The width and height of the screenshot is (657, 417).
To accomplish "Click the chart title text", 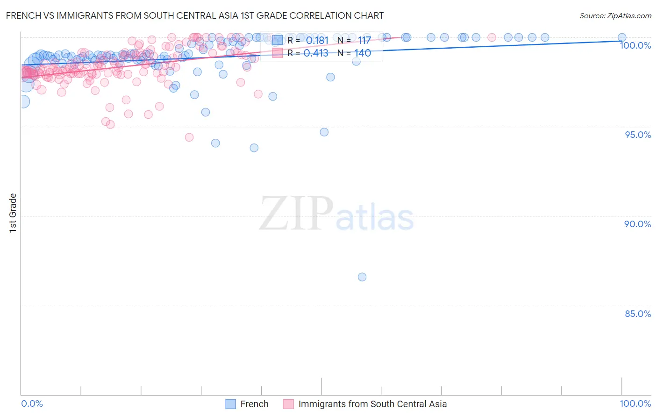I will (x=195, y=15).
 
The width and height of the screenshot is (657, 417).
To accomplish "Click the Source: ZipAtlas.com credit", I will (x=615, y=15).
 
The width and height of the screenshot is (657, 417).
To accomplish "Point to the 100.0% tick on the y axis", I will (x=635, y=45).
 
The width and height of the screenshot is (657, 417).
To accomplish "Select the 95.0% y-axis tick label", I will (x=638, y=135).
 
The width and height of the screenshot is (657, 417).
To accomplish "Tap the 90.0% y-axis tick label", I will (x=638, y=224).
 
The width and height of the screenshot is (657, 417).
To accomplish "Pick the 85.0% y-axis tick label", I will (x=638, y=314).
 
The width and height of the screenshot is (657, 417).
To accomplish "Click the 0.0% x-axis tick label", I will (x=32, y=403).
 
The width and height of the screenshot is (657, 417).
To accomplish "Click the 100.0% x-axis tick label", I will (x=635, y=403).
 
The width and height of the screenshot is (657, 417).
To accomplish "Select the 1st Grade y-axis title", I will (x=13, y=213).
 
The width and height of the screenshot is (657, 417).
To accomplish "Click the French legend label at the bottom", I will (x=254, y=404).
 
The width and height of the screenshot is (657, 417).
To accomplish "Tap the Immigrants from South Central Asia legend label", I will (x=372, y=404).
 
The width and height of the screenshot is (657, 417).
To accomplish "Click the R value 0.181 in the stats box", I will (x=317, y=41).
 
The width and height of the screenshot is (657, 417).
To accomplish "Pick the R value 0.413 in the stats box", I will (x=316, y=53).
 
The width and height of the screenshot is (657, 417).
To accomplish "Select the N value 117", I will (x=364, y=41).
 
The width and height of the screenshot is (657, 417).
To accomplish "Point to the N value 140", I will (x=363, y=53).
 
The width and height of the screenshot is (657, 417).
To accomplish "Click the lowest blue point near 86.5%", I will (x=362, y=277).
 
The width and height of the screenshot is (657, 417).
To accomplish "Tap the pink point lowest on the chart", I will (x=189, y=137).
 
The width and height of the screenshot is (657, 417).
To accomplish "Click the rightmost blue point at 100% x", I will (x=622, y=37).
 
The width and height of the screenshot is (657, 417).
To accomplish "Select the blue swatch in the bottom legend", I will (x=231, y=404).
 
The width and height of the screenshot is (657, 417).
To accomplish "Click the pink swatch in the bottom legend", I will (x=289, y=404).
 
